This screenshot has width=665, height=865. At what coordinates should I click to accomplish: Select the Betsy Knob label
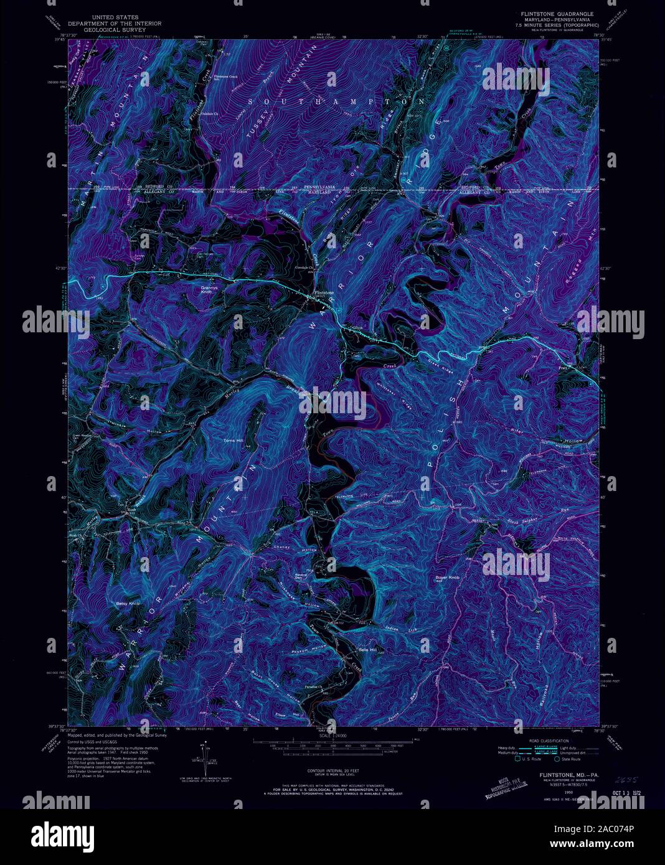click(x=128, y=604)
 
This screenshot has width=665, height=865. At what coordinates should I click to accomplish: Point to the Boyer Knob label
click(x=447, y=578)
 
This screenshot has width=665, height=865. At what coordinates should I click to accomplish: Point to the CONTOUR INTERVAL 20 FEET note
click(x=332, y=770)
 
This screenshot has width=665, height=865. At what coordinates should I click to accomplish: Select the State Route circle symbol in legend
click(x=557, y=759)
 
